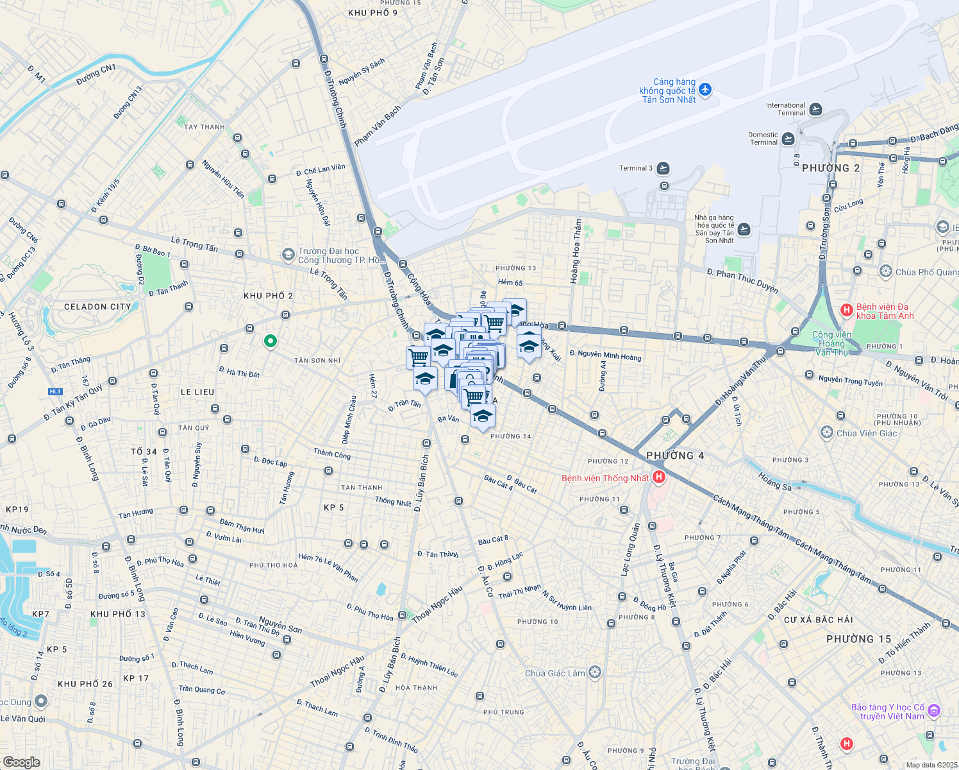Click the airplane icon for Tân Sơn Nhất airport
[705, 90]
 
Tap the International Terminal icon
[815, 109]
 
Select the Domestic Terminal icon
[788, 139]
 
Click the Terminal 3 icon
[663, 168]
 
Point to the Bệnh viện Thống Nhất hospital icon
[658, 477]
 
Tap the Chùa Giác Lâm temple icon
[595, 672]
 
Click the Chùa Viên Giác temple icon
[827, 432]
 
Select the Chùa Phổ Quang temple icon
[885, 271]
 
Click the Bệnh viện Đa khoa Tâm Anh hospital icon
[846, 311]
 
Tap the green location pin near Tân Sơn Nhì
[270, 341]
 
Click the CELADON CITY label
[97, 307]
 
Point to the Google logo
[21, 762]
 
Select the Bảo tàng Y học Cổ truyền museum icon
[933, 710]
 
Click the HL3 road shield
[55, 391]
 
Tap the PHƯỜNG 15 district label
[858, 639]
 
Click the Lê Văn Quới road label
[23, 719]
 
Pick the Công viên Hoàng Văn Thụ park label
[831, 343]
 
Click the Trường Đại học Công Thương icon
[288, 255]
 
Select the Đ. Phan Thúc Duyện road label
[742, 280]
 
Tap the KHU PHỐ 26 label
[85, 684]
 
